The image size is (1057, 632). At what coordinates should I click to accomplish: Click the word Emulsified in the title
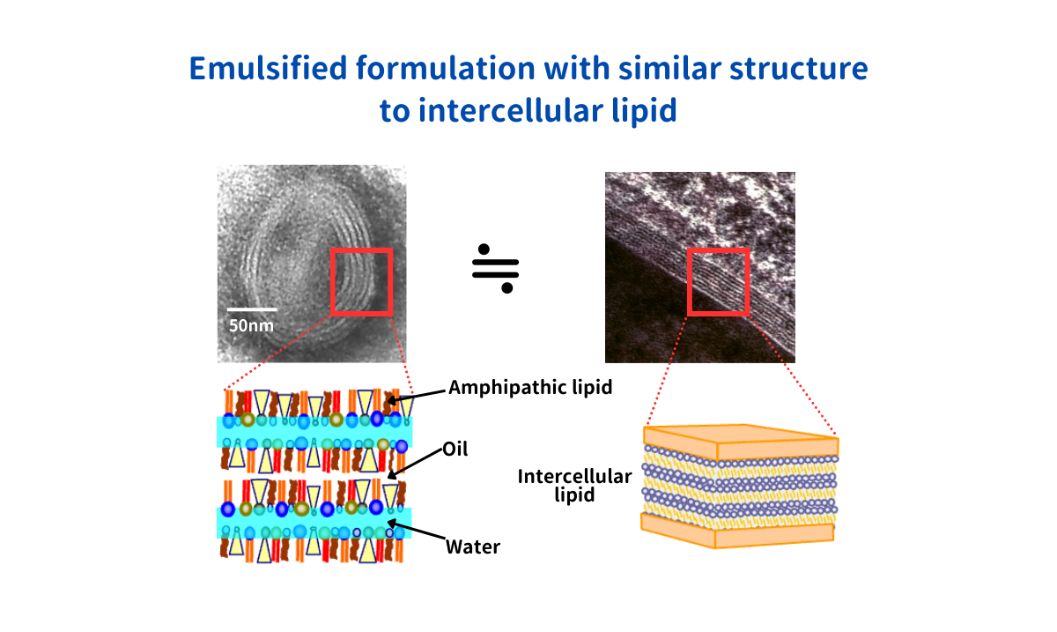pyautogui.click(x=268, y=69)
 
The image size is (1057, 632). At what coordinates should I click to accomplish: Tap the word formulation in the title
pyautogui.click(x=446, y=69)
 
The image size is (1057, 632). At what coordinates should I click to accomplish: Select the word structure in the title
pyautogui.click(x=799, y=69)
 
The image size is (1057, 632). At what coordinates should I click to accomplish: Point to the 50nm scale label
pyautogui.click(x=251, y=325)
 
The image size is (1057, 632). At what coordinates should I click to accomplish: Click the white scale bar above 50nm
pyautogui.click(x=252, y=310)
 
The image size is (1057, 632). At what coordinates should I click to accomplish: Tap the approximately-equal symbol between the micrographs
pyautogui.click(x=495, y=268)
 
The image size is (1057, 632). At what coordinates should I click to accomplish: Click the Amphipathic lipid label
pyautogui.click(x=530, y=388)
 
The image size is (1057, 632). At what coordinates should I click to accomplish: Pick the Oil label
pyautogui.click(x=455, y=450)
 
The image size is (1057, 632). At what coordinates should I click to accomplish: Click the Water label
pyautogui.click(x=473, y=547)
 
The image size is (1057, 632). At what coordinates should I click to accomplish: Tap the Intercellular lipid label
pyautogui.click(x=574, y=486)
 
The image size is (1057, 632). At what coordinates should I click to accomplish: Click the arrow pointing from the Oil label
pyautogui.click(x=415, y=463)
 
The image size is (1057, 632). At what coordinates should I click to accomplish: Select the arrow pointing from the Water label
pyautogui.click(x=416, y=530)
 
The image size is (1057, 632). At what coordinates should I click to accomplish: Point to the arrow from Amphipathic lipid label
pyautogui.click(x=416, y=397)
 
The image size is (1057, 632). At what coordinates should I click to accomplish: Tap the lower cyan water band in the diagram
pyautogui.click(x=314, y=522)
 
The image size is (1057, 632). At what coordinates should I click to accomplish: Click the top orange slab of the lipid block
pyautogui.click(x=741, y=442)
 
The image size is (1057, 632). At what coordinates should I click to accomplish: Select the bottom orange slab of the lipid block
pyautogui.click(x=737, y=532)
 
